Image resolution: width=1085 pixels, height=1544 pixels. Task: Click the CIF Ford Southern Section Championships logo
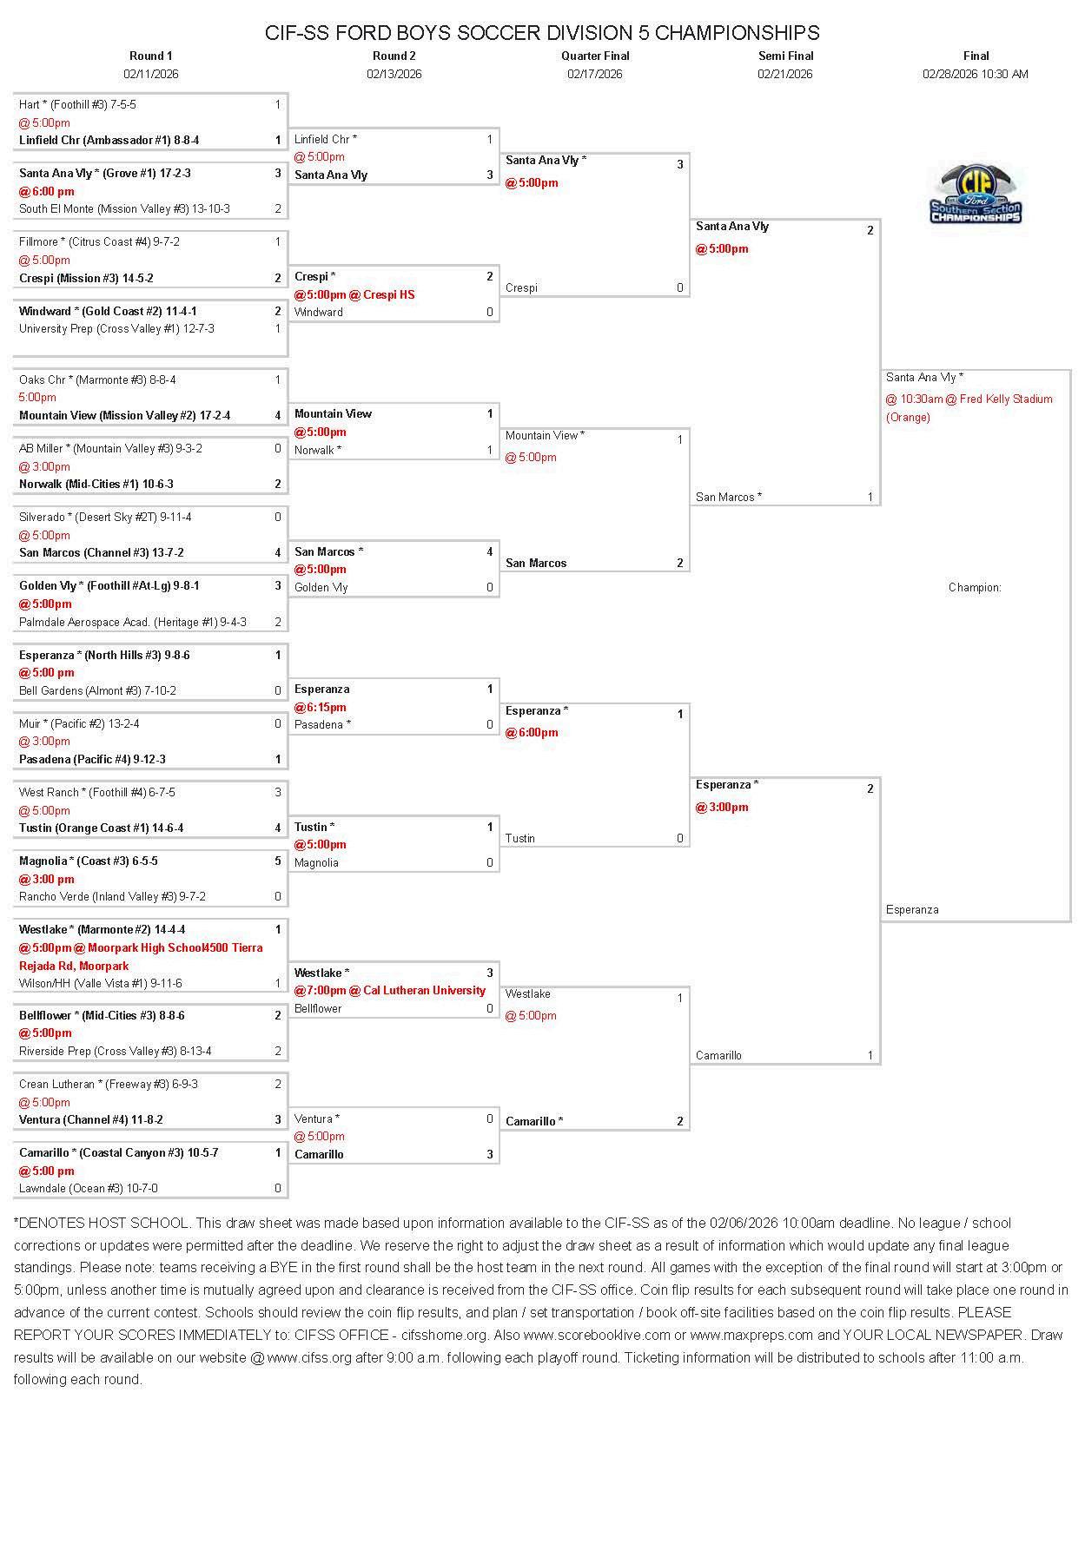[x=976, y=195]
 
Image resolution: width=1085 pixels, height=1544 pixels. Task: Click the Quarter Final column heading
[x=595, y=56]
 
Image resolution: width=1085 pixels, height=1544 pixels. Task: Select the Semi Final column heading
[x=785, y=56]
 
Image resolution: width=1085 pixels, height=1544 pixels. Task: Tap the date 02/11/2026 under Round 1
[x=151, y=75]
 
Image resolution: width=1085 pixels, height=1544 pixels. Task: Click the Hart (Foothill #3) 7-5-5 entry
[x=78, y=105]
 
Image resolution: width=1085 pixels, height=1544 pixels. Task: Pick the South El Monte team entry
[x=124, y=209]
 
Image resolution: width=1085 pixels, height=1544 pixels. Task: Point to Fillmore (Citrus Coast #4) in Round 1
[x=99, y=242]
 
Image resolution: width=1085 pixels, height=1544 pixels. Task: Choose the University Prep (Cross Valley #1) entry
[x=116, y=329]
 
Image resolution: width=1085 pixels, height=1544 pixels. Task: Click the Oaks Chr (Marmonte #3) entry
[x=97, y=380]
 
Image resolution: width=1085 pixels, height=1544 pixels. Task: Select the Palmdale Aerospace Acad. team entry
[x=132, y=623]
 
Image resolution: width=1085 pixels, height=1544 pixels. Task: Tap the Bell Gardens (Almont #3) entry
[x=97, y=691]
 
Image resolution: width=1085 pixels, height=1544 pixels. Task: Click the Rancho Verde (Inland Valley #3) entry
[x=112, y=897]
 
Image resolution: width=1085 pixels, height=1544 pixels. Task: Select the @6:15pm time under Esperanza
[x=321, y=708]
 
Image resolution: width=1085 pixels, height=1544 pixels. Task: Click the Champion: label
[x=975, y=588]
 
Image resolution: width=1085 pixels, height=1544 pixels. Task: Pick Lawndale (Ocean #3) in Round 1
[x=89, y=1189]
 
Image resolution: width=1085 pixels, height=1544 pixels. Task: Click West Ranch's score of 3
[x=278, y=793]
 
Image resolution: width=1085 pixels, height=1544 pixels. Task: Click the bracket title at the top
[x=542, y=33]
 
